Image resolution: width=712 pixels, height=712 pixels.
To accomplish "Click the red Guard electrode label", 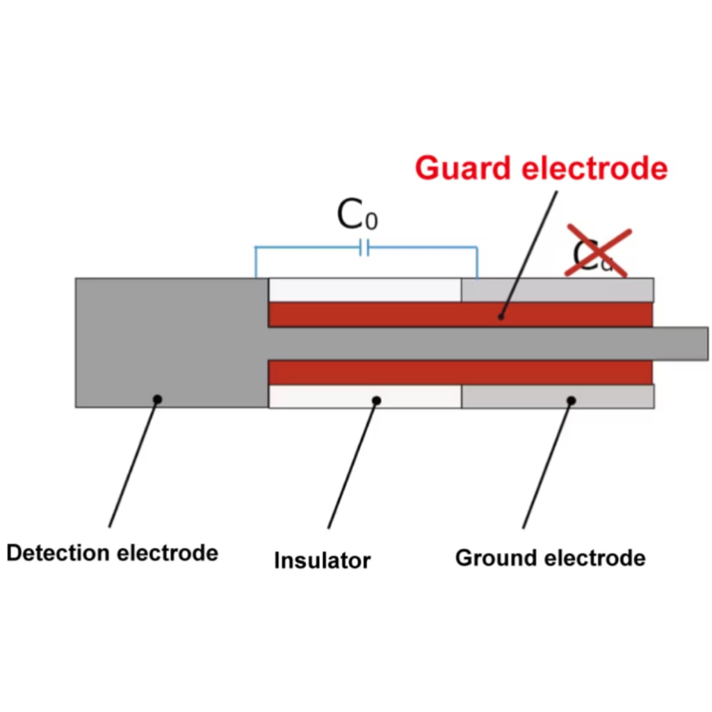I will tap(541, 168).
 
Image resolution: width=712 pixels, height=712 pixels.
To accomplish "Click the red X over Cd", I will tap(598, 251).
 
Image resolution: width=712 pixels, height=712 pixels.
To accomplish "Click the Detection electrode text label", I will tap(113, 553).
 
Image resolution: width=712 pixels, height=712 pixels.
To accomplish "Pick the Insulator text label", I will tap(322, 560).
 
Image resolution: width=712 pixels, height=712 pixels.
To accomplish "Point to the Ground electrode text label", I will tap(550, 558).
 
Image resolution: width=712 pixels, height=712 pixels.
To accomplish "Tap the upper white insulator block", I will tap(364, 290).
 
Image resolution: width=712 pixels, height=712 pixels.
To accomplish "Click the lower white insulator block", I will tap(364, 396).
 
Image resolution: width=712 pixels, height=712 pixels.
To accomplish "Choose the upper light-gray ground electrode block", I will tap(557, 290).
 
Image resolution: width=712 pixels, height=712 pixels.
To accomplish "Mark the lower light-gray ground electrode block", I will tap(557, 396).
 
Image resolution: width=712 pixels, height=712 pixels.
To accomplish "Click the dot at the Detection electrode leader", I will tap(158, 399).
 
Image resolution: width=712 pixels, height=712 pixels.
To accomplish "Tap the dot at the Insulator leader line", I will tap(377, 400).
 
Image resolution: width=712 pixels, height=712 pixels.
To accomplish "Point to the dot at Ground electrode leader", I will tap(571, 400).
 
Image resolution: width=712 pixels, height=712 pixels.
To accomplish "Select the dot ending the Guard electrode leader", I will tap(501, 316).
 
